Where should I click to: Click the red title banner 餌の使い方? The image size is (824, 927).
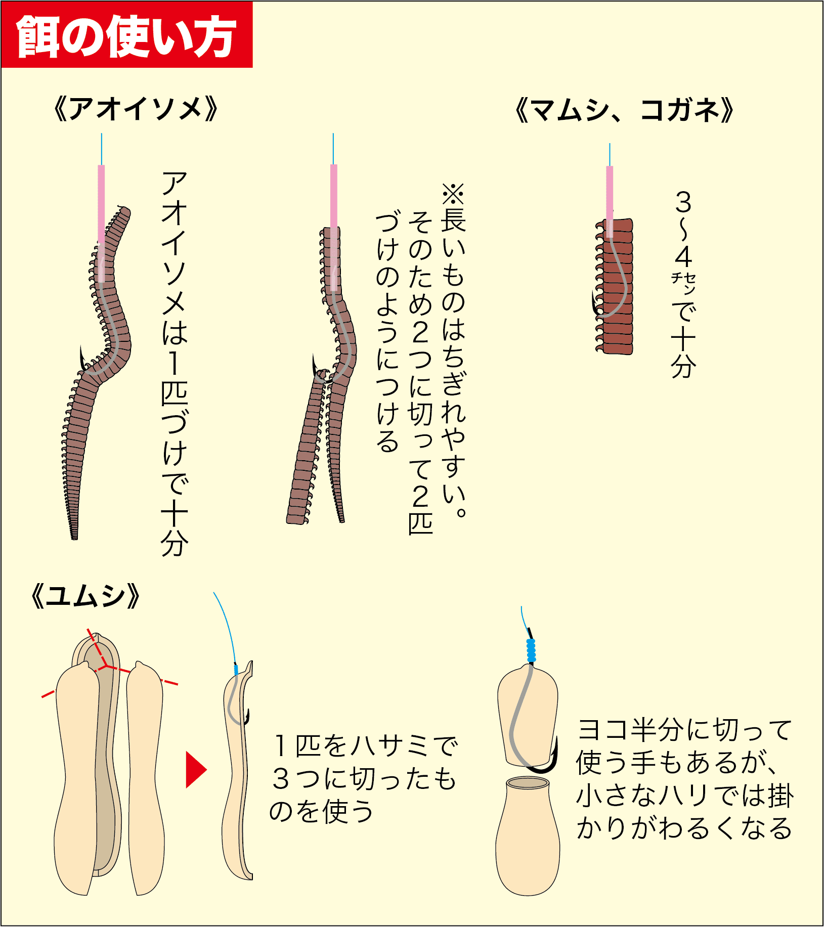126,34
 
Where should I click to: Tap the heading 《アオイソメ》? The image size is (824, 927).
136,109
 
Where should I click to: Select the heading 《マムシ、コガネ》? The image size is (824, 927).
624,110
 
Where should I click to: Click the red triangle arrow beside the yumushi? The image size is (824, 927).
196,770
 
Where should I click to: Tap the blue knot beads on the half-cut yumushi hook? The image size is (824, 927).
531,650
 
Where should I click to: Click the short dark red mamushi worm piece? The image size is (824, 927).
615,286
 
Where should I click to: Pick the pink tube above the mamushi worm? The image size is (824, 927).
610,201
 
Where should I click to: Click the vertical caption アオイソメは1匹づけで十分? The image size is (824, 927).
174,364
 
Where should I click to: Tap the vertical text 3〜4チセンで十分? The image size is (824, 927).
683,284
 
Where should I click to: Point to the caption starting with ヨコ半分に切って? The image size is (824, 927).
684,779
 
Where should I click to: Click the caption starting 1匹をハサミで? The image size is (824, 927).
363,778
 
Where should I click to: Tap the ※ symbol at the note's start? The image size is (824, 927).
453,194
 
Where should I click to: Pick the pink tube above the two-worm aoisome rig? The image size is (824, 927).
334,228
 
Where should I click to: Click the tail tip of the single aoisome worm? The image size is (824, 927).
74,538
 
